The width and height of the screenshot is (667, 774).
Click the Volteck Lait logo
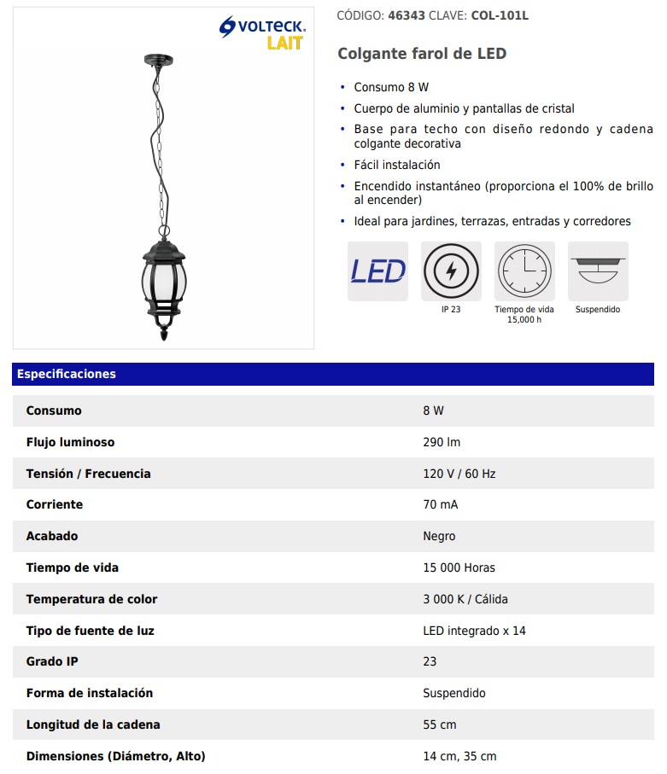(262, 34)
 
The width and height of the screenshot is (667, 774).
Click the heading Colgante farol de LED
(422, 54)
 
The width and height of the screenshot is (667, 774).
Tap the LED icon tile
(377, 271)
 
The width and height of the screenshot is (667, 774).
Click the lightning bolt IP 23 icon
(451, 271)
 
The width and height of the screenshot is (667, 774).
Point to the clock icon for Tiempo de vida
(524, 271)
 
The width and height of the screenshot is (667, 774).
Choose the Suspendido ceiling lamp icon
(598, 271)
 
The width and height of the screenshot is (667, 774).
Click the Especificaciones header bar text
(67, 374)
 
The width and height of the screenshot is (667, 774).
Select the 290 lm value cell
(442, 442)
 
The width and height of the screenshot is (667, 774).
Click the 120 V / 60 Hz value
(459, 474)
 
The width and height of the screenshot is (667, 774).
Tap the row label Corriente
(55, 504)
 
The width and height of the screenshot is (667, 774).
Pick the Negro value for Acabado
(439, 536)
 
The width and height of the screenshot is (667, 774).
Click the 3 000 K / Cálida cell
(465, 599)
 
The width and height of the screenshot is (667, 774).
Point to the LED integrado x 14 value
(474, 631)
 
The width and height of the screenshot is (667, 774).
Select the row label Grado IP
(52, 661)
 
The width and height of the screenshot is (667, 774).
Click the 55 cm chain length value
(439, 725)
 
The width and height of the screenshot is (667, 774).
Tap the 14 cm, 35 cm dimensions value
(459, 756)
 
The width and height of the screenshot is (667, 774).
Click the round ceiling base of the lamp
(159, 60)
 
